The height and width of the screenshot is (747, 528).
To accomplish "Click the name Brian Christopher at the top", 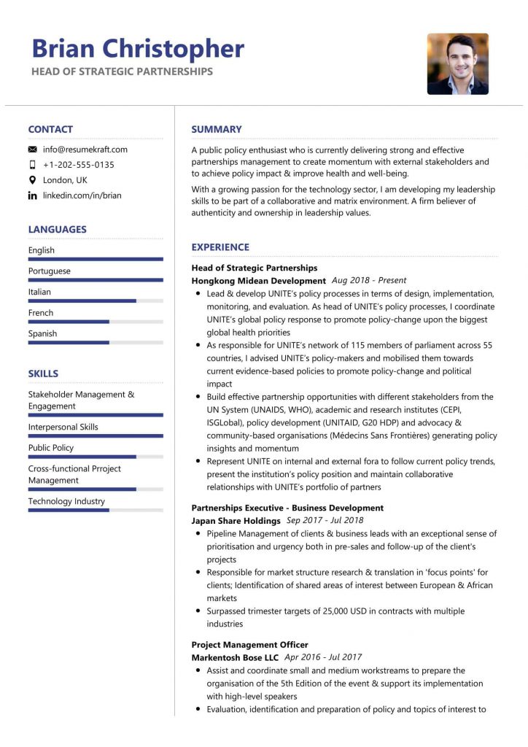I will coord(138,48).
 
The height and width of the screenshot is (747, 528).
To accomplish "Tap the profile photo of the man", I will coord(457,63).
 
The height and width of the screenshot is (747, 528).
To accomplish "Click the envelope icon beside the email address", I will coord(33,150).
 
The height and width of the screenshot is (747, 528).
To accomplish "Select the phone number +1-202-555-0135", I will coord(79,165).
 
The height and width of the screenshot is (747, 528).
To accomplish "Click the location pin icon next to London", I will coord(33,180).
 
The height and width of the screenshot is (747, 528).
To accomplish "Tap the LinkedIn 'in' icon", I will coord(33,196).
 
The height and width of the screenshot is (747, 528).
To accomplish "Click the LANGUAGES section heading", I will coord(57,229).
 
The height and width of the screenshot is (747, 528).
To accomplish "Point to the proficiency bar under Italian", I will coord(95,301).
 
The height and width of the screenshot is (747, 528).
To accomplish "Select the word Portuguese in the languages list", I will coord(50,271).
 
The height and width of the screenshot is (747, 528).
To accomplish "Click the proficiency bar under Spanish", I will coord(95,342).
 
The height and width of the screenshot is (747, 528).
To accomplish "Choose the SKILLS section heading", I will coord(43,373).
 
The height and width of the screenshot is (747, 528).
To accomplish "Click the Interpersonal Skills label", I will coord(63,427).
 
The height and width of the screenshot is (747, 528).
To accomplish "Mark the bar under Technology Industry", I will coord(95,510).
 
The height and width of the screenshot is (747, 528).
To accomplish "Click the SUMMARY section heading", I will coord(217,129).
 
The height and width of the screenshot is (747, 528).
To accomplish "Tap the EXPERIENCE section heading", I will coord(220,247).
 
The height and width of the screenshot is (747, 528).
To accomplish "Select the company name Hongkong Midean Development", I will coord(258,281).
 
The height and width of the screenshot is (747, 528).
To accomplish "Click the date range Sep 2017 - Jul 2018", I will coord(325,521).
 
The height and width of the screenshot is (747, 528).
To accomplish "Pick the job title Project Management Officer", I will coord(249,645).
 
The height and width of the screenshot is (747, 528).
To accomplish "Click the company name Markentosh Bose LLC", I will coord(235,658).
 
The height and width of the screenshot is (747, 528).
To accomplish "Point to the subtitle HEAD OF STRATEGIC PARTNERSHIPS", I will coord(122,71).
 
